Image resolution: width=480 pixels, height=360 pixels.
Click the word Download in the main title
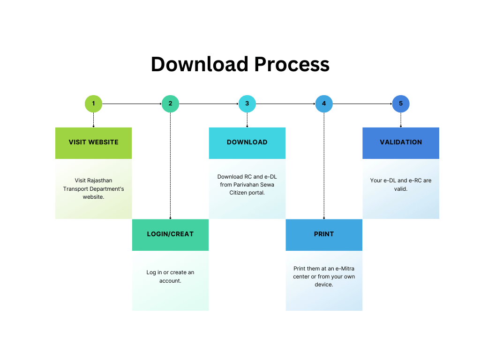199,64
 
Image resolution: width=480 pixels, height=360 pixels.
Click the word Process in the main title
292,64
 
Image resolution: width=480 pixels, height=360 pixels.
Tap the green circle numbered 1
93,104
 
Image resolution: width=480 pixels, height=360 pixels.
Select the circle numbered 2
170,104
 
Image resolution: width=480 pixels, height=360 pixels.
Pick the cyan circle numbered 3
247,104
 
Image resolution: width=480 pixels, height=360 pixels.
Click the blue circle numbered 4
324,104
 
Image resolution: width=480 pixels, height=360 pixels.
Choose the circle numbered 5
401,104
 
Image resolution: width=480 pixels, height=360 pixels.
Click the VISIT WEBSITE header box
93,142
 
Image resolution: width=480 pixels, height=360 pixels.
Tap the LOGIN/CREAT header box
170,234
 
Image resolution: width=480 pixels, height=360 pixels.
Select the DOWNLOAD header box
247,142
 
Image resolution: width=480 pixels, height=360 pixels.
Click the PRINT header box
324,234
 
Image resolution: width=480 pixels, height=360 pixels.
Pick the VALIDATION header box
401,142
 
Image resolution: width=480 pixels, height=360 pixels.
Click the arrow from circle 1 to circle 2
132,104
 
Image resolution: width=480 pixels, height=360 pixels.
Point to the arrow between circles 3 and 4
285,104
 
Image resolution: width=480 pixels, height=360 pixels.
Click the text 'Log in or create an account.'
170,277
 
